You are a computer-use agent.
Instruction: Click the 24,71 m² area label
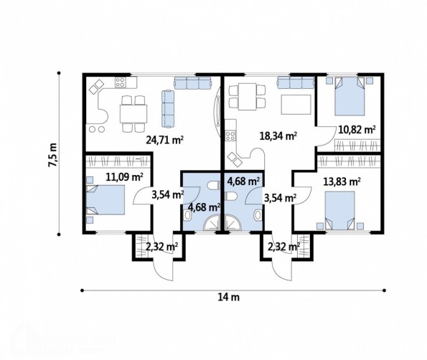pos(164,140)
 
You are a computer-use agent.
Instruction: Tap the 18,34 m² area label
pos(278,136)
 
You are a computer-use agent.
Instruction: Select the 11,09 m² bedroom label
pos(124,177)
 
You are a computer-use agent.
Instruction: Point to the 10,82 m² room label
pos(357,130)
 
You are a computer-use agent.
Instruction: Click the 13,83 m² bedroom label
pos(342,181)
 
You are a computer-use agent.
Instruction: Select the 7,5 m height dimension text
pos(52,155)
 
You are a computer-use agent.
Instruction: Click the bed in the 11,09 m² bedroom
pos(105,200)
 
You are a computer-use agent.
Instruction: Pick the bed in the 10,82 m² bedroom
pos(349,96)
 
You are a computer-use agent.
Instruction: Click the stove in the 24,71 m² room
pos(120,82)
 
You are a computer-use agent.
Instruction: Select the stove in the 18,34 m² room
pos(230,136)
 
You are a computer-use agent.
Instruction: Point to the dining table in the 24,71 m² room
pos(133,113)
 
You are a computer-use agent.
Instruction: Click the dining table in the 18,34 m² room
pos(248,97)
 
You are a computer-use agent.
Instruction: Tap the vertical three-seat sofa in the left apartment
pos(168,109)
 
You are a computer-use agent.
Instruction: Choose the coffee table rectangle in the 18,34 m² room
pos(296,105)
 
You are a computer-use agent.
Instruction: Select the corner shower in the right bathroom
pos(233,223)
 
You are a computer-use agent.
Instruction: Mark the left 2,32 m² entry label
pos(161,247)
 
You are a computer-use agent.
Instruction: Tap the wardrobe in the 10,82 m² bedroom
pos(357,145)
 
